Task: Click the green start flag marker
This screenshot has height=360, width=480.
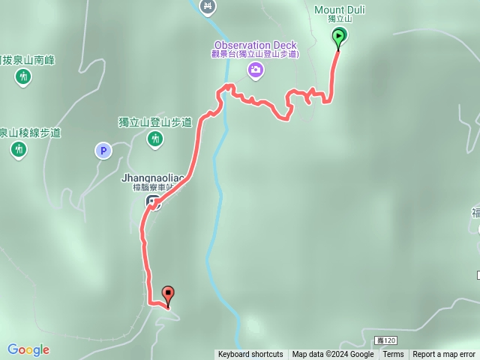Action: tap(338, 36)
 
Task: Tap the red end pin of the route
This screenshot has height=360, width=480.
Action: tap(168, 295)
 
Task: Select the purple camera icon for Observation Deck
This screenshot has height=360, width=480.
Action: tap(256, 70)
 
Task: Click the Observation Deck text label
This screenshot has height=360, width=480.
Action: tap(256, 44)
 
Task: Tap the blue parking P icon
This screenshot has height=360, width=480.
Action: tap(103, 151)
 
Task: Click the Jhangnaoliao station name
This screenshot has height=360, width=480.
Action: tap(153, 178)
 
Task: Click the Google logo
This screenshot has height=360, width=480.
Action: tap(28, 349)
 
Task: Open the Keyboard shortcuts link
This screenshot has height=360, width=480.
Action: tap(250, 355)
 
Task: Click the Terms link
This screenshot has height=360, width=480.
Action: tap(393, 355)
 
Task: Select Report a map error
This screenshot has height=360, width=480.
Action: tap(444, 355)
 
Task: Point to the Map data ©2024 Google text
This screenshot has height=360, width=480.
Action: tap(333, 355)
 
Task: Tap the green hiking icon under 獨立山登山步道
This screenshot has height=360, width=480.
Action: tap(155, 138)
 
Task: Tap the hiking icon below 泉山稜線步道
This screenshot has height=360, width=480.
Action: tap(19, 149)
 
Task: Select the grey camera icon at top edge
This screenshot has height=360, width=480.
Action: tap(208, 6)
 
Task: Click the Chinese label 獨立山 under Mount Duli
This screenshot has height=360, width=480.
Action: tap(340, 19)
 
